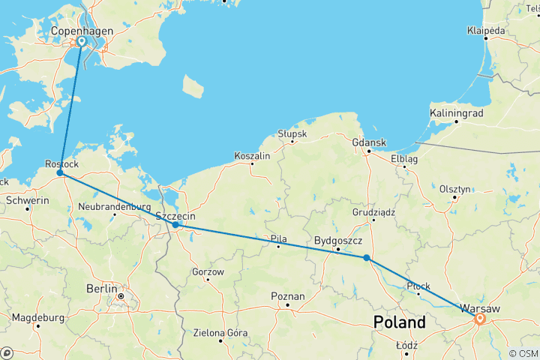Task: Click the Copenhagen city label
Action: (x=81, y=31)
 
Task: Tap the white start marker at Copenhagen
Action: (x=81, y=42)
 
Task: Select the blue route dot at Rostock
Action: (x=60, y=173)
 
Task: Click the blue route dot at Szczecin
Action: (x=175, y=224)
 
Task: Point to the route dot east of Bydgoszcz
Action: (x=366, y=258)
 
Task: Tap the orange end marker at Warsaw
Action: (x=479, y=319)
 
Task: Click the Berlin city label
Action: (x=101, y=288)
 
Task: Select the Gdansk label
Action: (x=369, y=142)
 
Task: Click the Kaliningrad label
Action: (x=456, y=113)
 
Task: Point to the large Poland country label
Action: (x=399, y=322)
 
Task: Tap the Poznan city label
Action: (x=288, y=295)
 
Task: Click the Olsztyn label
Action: (x=454, y=189)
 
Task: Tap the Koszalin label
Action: (x=252, y=155)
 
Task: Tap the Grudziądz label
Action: (x=373, y=211)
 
